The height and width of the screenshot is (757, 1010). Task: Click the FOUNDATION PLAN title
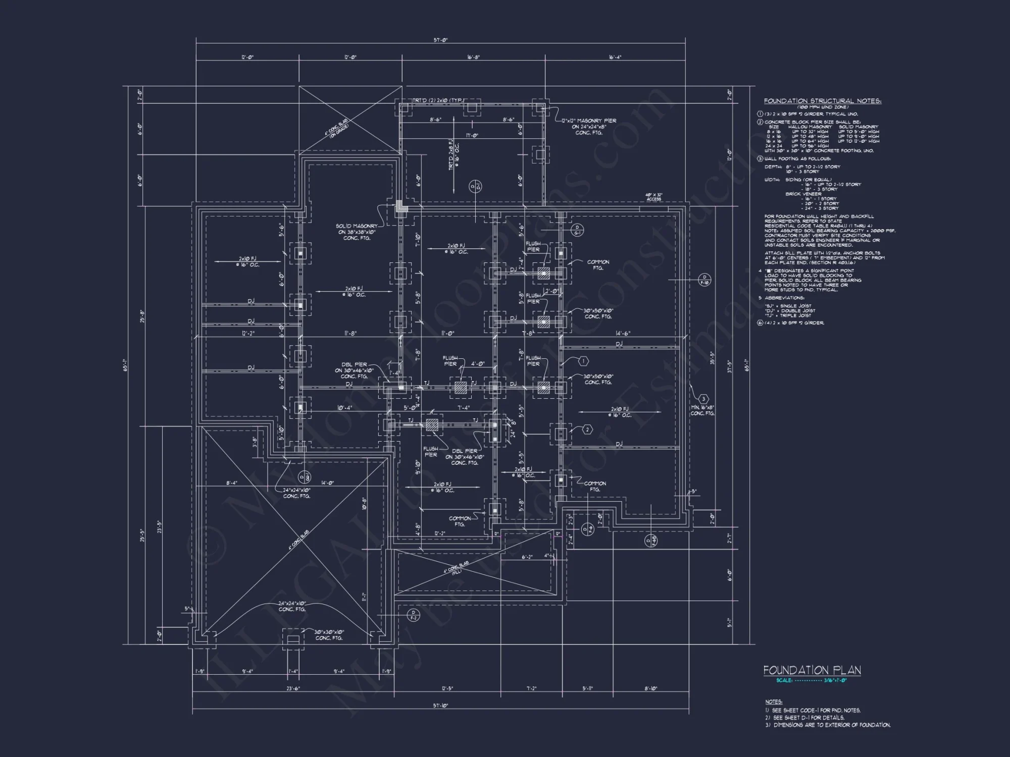pos(812,670)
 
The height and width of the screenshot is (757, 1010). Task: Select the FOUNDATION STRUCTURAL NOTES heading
pos(822,101)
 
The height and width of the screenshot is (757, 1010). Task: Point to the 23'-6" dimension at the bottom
pos(293,688)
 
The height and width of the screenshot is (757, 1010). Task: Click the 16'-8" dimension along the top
pos(473,57)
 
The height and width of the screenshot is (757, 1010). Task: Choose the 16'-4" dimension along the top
pos(615,57)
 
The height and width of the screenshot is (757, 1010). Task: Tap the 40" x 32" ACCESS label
pos(653,197)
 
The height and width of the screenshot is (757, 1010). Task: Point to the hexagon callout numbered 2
pos(587,429)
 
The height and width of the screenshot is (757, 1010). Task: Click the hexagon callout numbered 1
pos(583,361)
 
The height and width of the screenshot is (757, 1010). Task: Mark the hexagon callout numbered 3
pos(704,399)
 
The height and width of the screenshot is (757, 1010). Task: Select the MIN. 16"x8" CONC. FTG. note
pos(702,410)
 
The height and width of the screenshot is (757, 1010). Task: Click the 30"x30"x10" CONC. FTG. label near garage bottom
pos(329,635)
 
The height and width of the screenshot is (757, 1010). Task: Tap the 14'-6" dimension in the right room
pos(623,334)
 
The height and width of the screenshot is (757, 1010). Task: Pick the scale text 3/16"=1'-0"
pos(836,680)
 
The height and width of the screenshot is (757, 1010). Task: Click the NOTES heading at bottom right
pos(773,701)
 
